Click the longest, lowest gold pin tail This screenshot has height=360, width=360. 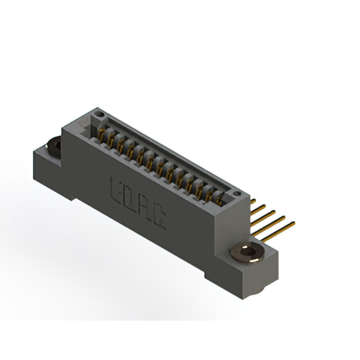point(285,227)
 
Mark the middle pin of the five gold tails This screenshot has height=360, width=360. point(269,214)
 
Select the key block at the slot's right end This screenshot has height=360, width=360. point(228,197)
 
